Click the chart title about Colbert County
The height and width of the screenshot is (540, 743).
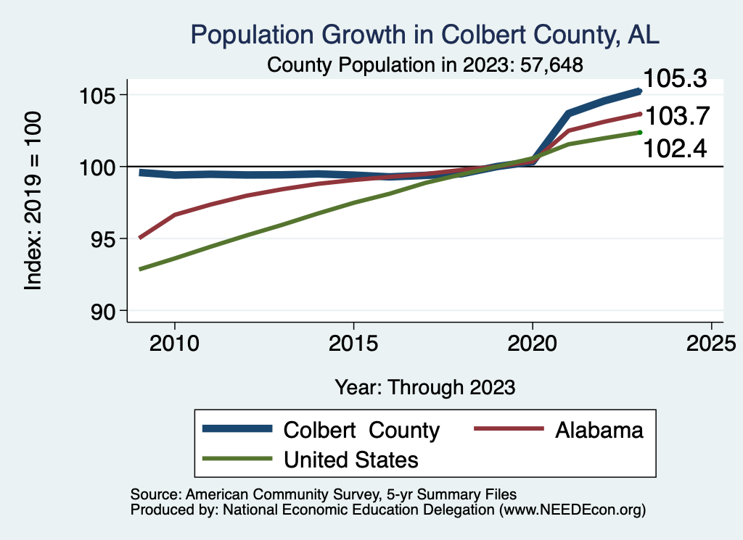click(424, 35)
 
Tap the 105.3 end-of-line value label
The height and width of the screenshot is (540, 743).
click(676, 78)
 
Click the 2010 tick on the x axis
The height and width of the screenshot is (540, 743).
click(174, 342)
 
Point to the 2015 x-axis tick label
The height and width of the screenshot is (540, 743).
click(353, 342)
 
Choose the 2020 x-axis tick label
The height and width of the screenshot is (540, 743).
click(533, 342)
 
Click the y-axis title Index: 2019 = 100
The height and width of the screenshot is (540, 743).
click(33, 202)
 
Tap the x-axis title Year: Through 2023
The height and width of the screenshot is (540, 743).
click(425, 386)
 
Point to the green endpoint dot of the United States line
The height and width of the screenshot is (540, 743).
click(639, 132)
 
